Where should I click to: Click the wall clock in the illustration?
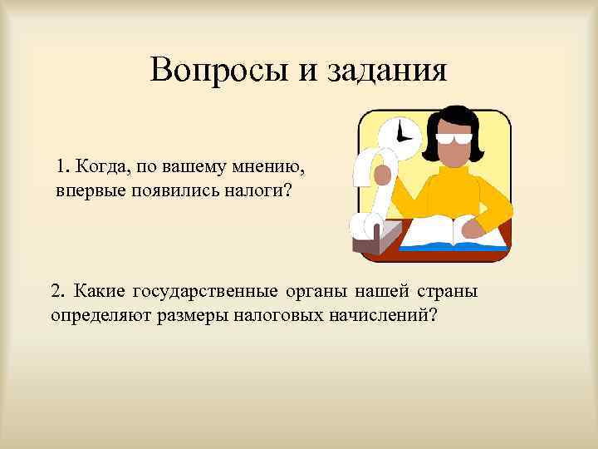click(x=399, y=132)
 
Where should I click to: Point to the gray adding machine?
click(x=374, y=237)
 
